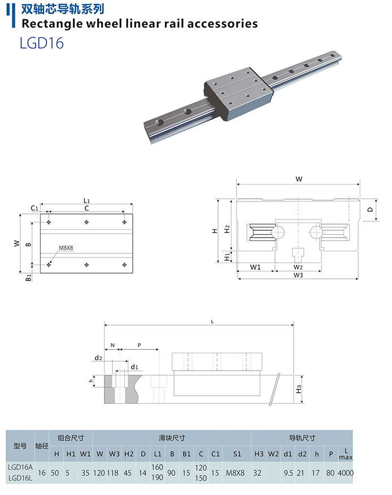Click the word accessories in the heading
pyautogui.click(x=221, y=24)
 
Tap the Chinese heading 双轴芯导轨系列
pyautogui.click(x=62, y=9)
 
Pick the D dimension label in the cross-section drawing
pyautogui.click(x=370, y=209)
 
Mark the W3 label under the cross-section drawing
pyautogui.click(x=298, y=275)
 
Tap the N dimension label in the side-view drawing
pyautogui.click(x=112, y=344)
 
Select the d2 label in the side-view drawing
pyautogui.click(x=98, y=358)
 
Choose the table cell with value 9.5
pyautogui.click(x=288, y=472)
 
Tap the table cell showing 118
pyautogui.click(x=115, y=472)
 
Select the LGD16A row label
pyautogui.click(x=20, y=467)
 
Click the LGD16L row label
pyautogui.click(x=20, y=478)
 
